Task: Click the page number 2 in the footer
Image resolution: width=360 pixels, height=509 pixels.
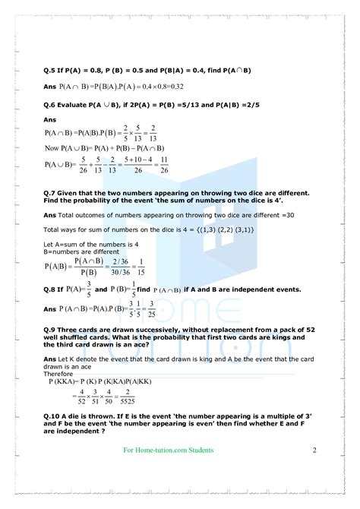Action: coord(314,450)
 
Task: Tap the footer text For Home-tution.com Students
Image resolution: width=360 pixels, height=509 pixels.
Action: coord(168,450)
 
